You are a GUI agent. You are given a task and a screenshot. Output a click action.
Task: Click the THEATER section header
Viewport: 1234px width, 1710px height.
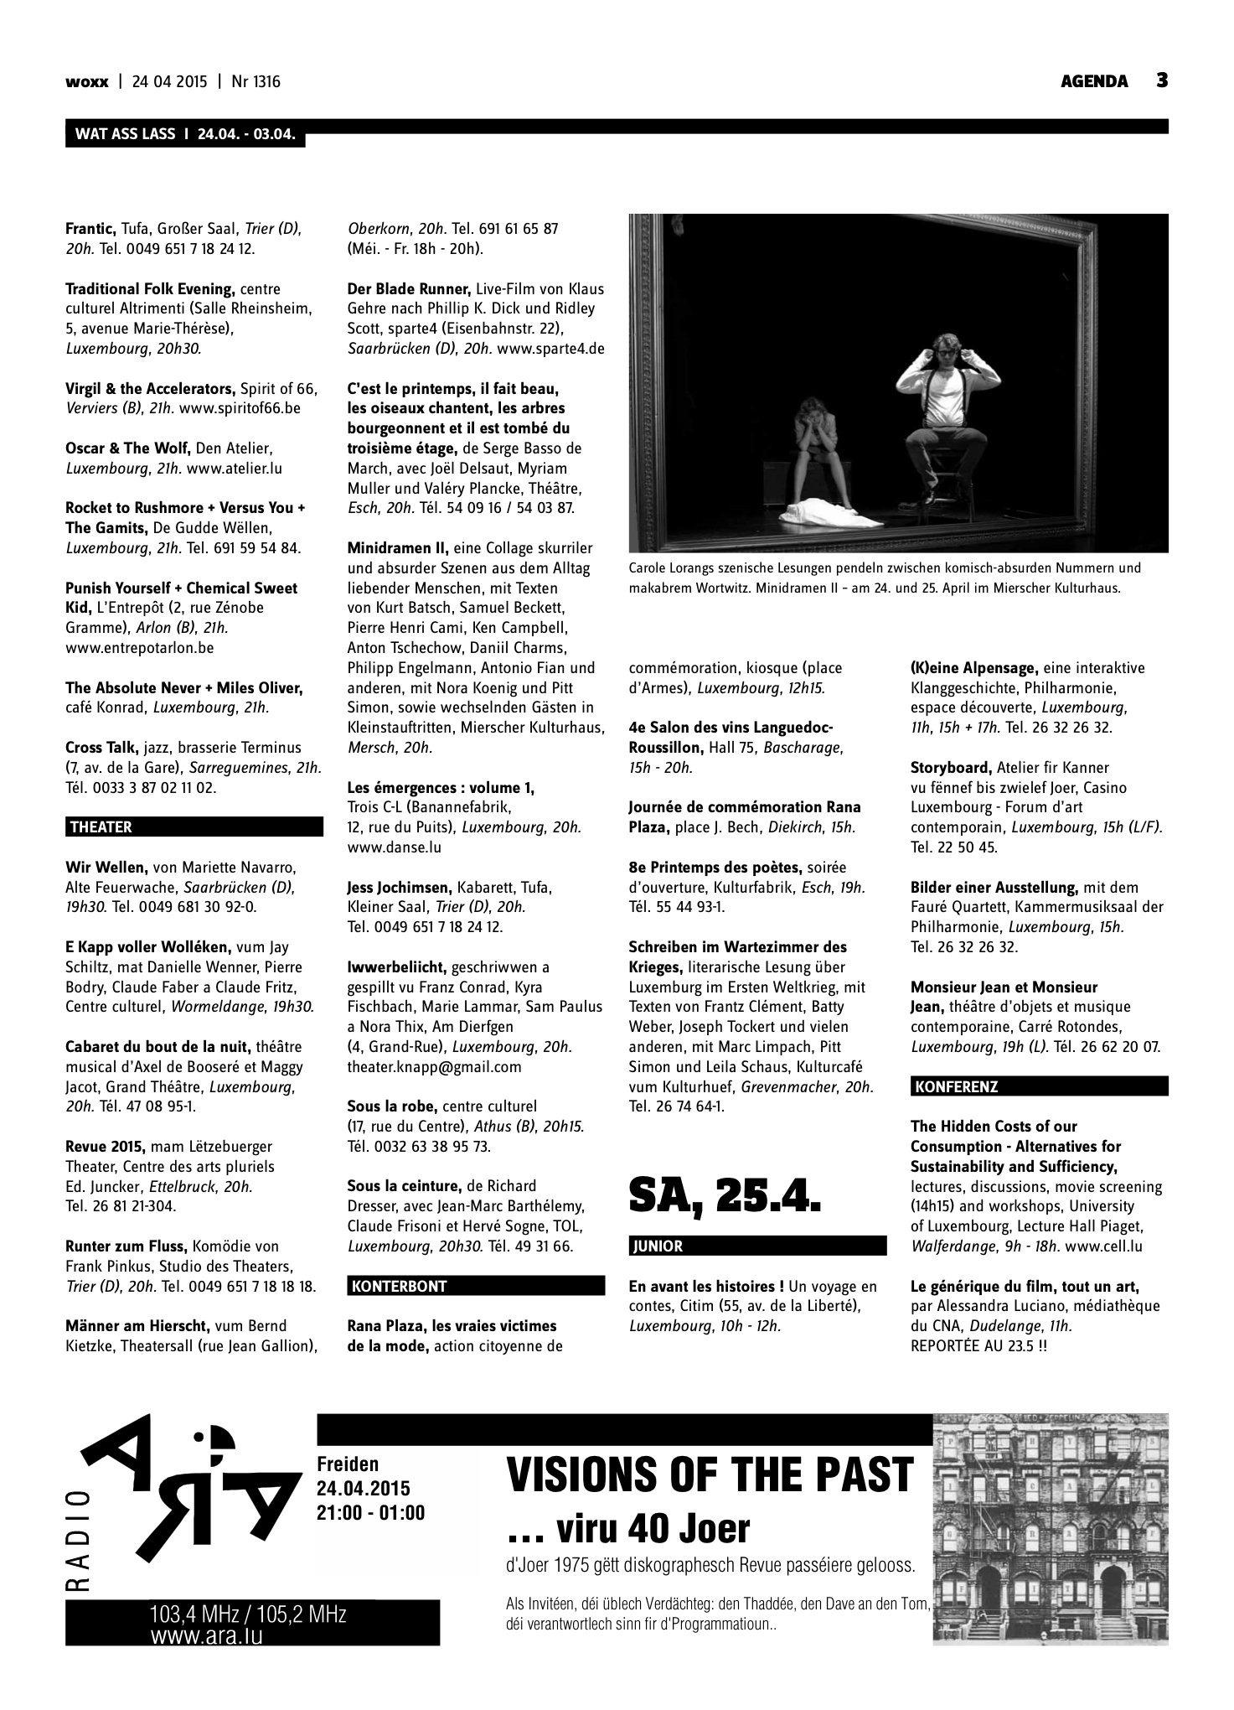coord(101,827)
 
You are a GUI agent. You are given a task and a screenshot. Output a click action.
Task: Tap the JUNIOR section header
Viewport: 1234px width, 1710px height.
coord(658,1246)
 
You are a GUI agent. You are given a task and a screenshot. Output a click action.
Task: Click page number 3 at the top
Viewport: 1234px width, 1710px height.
coord(1162,80)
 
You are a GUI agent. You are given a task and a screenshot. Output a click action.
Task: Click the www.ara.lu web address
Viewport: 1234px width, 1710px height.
coord(207,1635)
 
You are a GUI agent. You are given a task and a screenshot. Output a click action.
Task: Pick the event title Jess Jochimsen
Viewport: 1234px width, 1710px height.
coord(399,887)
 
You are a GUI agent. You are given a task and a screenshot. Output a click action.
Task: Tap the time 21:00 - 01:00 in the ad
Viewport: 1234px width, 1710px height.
coord(371,1513)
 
